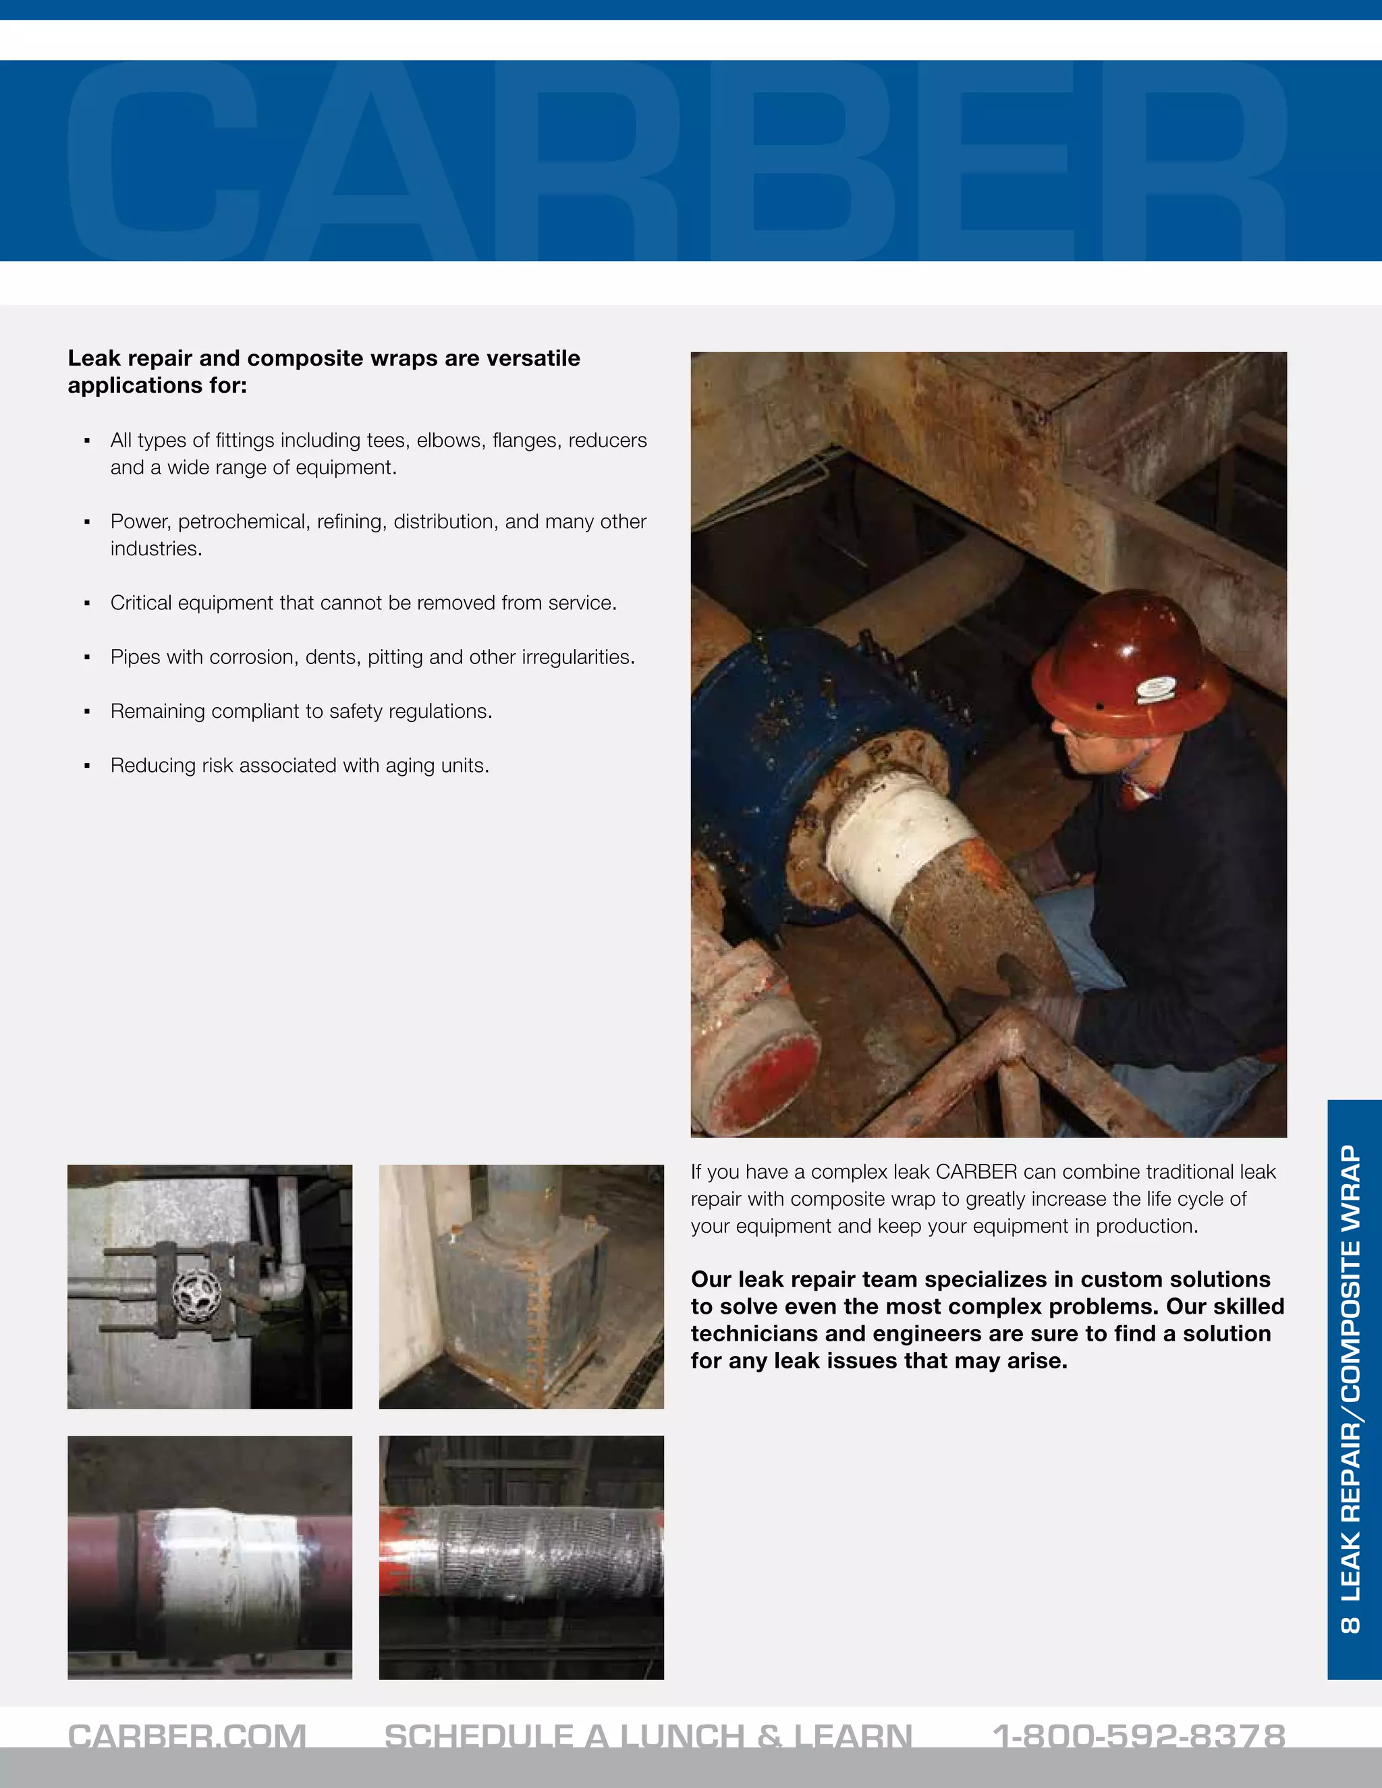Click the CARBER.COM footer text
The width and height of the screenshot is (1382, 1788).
tap(187, 1735)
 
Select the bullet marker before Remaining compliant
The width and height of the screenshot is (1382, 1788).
tap(87, 711)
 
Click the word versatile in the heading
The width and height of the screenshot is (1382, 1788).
tap(533, 358)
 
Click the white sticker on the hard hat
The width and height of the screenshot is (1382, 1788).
tap(1157, 690)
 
